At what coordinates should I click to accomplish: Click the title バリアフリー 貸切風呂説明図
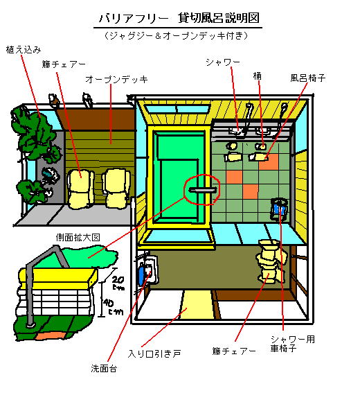coord(179,18)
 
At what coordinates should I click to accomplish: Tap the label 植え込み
coord(24,49)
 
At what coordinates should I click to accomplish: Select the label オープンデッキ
coord(116,80)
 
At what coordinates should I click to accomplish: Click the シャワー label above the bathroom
coord(223,62)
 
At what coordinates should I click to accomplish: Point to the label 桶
coord(257,76)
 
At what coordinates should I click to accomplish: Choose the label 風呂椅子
coord(308,78)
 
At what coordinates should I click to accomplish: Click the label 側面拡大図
coord(78,238)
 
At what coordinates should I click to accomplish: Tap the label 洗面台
coord(104,368)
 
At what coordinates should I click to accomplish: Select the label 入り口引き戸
coord(154,353)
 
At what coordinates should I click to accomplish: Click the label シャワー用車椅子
coord(292,344)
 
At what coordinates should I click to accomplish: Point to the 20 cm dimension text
coord(118,283)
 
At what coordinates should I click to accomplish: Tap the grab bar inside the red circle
coord(203,190)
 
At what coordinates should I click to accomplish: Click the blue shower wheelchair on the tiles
coord(279,209)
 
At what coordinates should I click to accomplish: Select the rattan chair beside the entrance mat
coord(270,261)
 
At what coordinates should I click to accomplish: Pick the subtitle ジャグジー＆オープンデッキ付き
coord(176,35)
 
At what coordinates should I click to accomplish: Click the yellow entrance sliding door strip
coord(197,304)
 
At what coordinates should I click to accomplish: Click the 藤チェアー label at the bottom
coord(234,351)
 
